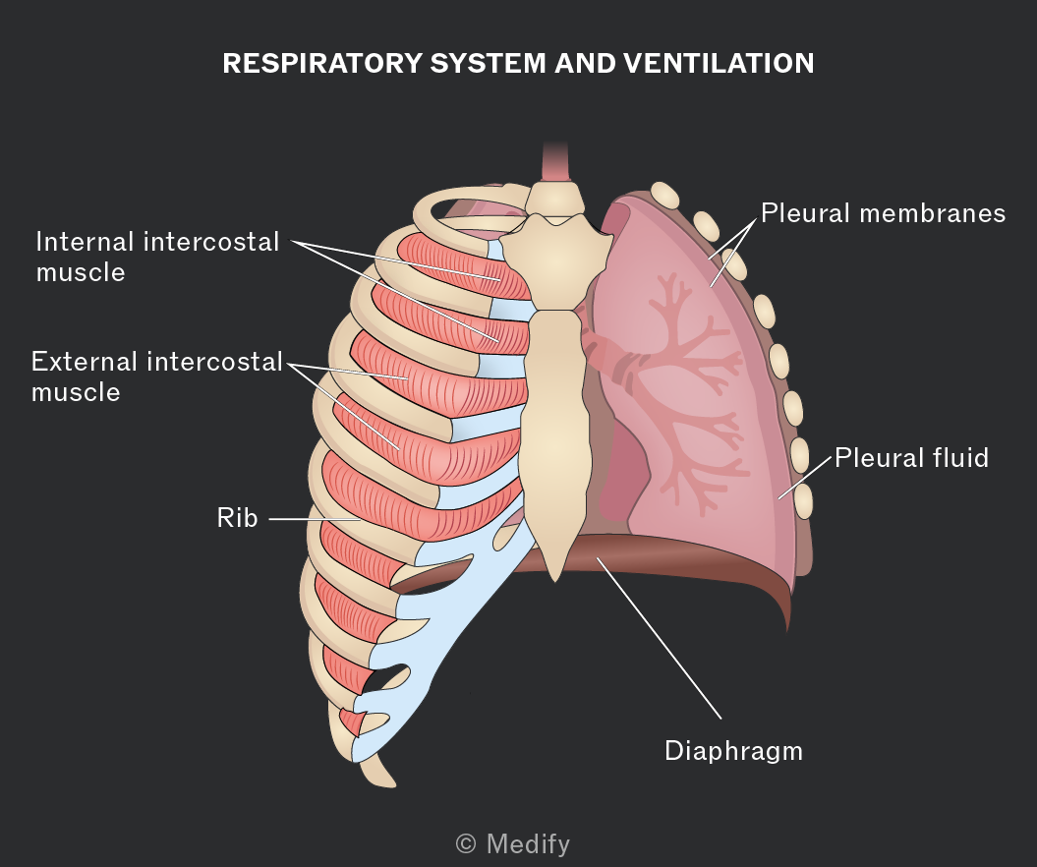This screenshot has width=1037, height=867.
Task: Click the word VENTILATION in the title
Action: [x=719, y=64]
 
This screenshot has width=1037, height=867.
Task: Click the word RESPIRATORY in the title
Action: [x=322, y=64]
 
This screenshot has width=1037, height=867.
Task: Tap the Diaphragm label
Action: [x=733, y=752]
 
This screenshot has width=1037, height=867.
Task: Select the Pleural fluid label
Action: [x=911, y=458]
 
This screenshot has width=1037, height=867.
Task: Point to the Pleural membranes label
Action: [x=883, y=213]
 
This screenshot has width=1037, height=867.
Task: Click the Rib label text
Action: [x=237, y=517]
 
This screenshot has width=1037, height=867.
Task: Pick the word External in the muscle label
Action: [x=84, y=362]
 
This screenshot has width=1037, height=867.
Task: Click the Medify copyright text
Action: [x=512, y=843]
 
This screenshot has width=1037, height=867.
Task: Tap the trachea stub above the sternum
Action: [x=555, y=160]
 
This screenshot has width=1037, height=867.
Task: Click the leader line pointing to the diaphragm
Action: [x=659, y=638]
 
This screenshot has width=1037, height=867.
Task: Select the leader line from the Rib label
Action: [x=315, y=519]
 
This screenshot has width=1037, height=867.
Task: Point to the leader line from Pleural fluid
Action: [x=804, y=477]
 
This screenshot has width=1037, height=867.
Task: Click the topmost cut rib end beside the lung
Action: [x=664, y=196]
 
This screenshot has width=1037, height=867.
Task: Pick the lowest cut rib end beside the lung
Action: [x=803, y=501]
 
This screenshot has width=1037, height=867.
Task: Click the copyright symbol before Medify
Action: [x=466, y=843]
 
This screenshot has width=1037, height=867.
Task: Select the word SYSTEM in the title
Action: [x=489, y=64]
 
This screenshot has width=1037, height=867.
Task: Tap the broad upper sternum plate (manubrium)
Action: [x=556, y=261]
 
